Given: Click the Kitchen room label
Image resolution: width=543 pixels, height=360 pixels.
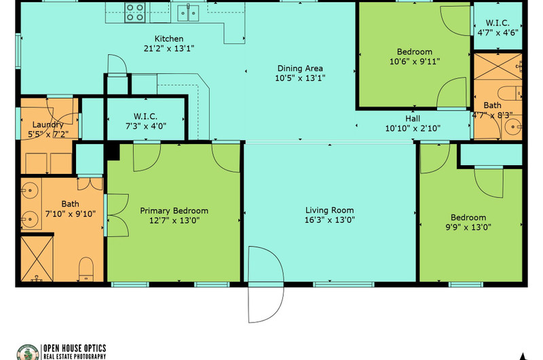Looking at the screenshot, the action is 169,39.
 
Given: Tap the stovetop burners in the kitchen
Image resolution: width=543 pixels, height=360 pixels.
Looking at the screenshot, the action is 135,12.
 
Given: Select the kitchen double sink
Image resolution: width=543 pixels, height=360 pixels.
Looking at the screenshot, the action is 189,13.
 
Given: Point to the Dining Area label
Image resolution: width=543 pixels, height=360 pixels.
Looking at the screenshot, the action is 300,68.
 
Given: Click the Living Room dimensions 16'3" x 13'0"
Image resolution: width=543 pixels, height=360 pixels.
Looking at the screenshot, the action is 330,219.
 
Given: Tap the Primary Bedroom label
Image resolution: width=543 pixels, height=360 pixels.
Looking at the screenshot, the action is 174,211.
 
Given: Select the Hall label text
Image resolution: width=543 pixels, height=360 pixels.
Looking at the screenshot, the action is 413,118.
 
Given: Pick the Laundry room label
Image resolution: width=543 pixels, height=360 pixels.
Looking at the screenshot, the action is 48,125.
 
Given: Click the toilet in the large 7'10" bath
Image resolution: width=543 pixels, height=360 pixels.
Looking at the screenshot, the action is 86,269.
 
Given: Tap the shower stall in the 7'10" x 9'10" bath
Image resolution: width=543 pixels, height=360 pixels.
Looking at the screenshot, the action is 37,259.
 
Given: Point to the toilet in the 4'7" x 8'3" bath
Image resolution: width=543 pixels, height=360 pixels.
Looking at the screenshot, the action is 510,93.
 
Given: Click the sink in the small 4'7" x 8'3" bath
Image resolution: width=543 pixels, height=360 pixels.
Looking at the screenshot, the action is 513,127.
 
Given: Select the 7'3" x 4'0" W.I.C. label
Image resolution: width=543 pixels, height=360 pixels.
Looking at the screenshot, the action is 146,121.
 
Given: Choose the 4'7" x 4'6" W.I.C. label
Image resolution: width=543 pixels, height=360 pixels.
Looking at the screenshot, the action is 498,28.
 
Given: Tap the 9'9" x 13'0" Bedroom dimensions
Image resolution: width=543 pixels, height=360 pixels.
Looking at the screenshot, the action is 468,228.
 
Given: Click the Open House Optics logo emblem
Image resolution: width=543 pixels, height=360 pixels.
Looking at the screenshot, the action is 28,353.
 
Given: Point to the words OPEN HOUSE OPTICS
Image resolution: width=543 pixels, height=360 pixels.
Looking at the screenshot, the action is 75,348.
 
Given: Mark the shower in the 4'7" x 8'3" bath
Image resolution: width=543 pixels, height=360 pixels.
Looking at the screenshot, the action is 498,67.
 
